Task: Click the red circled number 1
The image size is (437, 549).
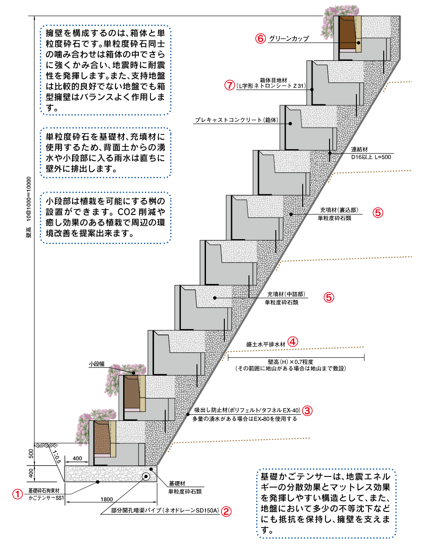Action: pos(17,494)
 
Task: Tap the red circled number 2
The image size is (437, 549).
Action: pos(227,511)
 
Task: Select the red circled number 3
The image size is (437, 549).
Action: pos(308,410)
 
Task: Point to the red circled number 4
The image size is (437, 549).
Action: pos(292,342)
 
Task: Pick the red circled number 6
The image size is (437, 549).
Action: pos(261,39)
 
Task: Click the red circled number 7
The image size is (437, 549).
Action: pos(229,85)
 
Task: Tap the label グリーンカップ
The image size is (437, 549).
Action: pos(289,39)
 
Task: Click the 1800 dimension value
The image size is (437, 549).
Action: pos(107,498)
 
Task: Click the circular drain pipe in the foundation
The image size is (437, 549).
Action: pos(146,476)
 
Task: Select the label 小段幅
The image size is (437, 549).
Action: pos(96,365)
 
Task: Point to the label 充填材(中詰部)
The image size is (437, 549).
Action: pos(286,294)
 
